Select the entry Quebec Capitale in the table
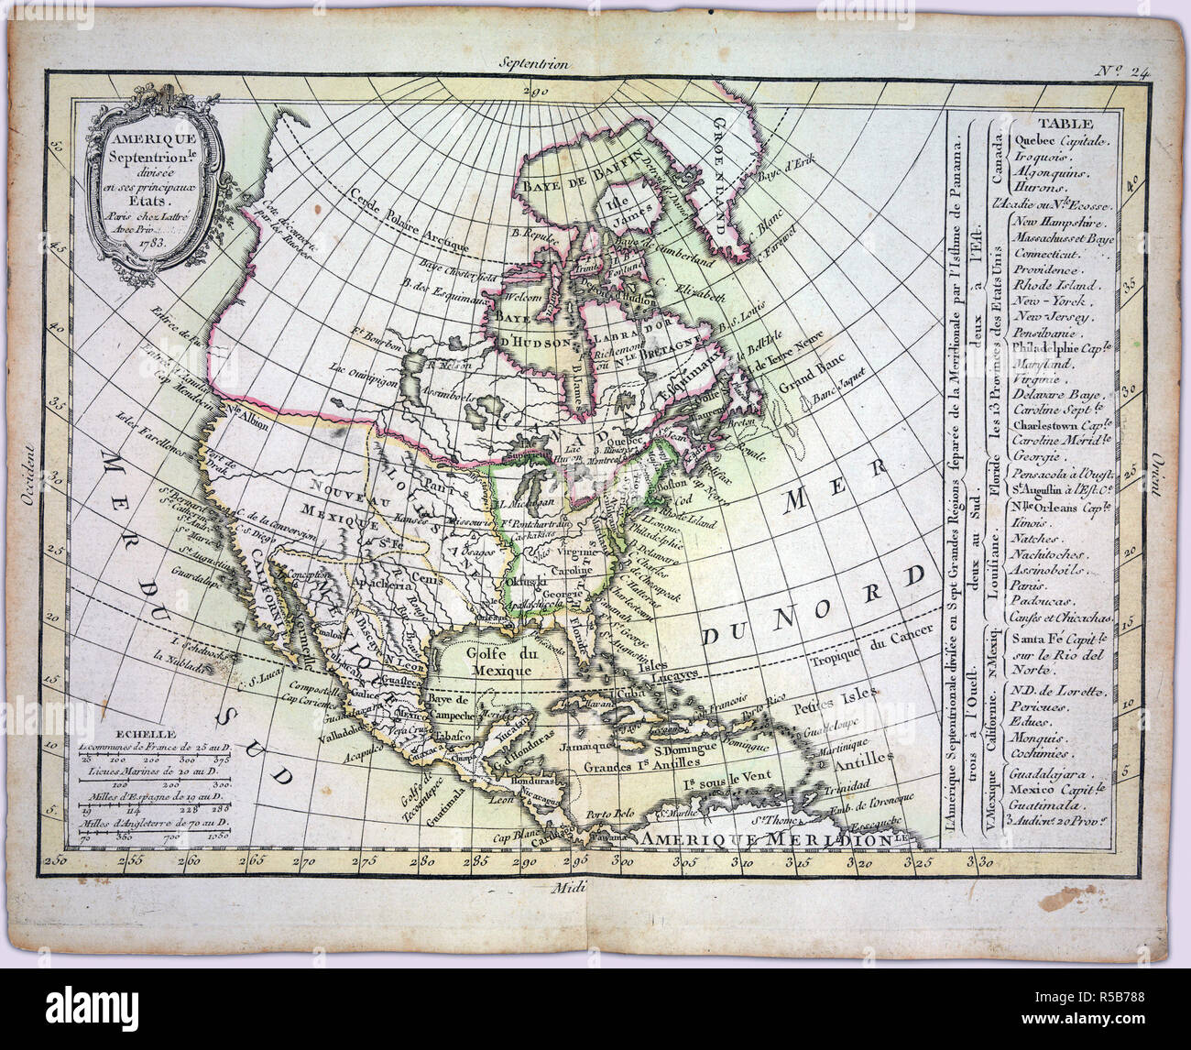point(1061,140)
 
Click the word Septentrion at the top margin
point(535,64)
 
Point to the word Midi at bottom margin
point(559,888)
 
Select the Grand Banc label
point(802,385)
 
